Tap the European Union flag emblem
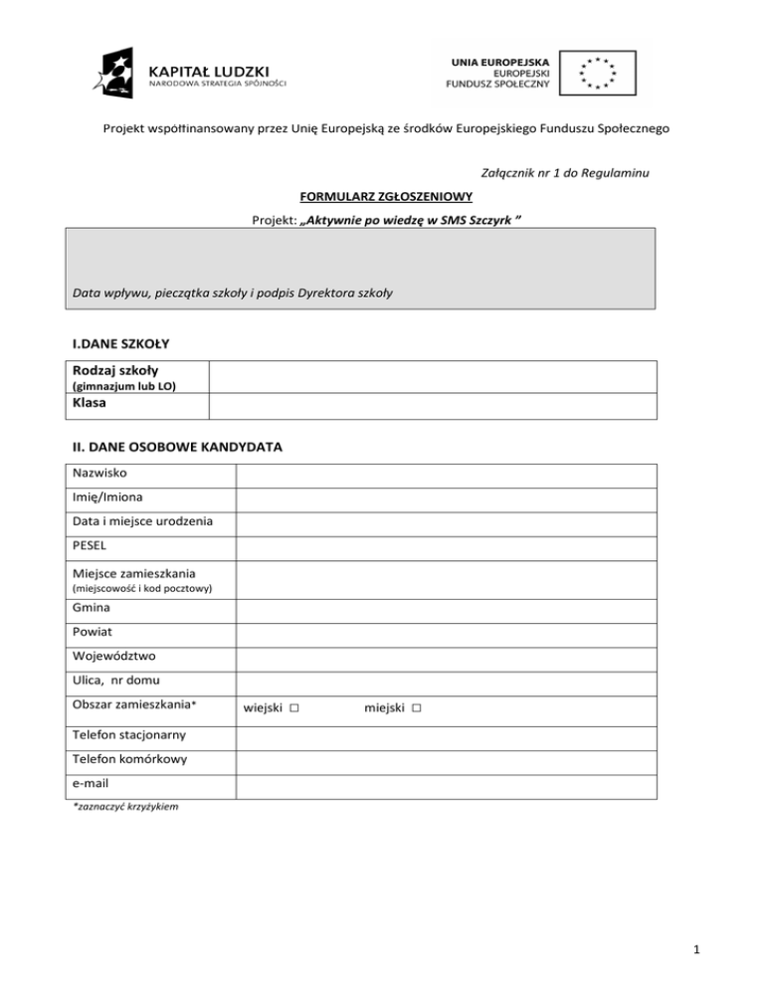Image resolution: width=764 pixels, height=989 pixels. (x=594, y=74)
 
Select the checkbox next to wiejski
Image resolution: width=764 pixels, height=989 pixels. (x=295, y=707)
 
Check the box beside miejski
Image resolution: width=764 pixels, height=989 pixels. (x=416, y=707)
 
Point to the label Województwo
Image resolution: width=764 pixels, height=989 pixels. (x=113, y=657)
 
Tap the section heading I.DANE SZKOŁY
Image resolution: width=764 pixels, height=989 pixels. (x=121, y=343)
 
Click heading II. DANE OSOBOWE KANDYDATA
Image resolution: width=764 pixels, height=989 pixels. (x=176, y=447)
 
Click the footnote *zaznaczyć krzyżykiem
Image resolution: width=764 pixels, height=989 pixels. (x=124, y=807)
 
